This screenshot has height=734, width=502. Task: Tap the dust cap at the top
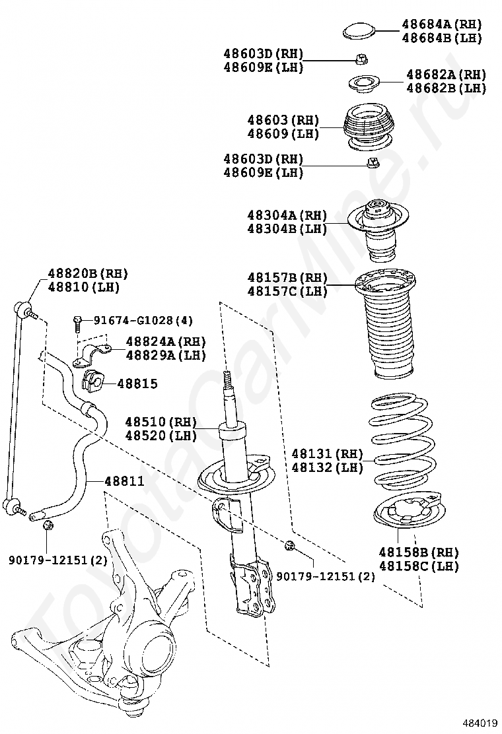click(x=361, y=30)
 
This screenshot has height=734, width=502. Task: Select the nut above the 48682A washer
click(x=361, y=59)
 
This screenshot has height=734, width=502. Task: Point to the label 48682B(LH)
click(x=446, y=88)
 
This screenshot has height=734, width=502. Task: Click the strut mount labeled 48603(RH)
click(x=369, y=127)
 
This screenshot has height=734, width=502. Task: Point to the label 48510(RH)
click(x=161, y=422)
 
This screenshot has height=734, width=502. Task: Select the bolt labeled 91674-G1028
click(x=78, y=321)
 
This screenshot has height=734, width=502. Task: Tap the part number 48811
click(x=124, y=481)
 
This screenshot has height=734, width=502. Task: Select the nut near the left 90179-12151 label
click(x=48, y=525)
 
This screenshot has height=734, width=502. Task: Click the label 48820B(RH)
click(x=87, y=273)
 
